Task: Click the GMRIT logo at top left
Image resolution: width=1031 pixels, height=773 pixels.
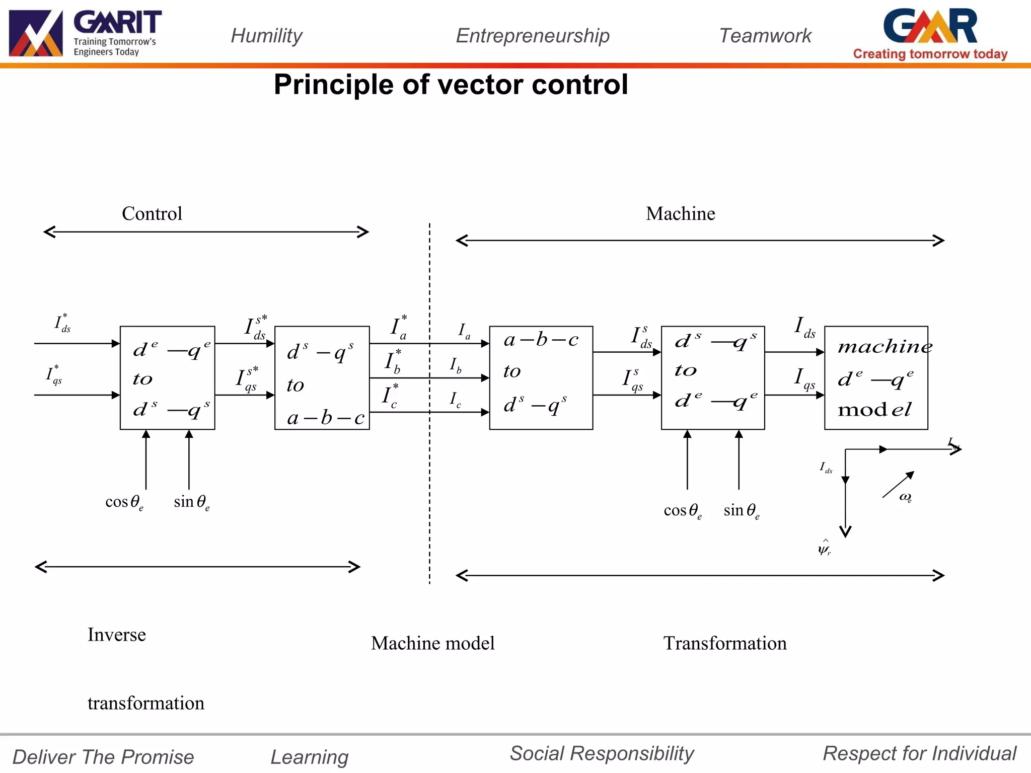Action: point(85,33)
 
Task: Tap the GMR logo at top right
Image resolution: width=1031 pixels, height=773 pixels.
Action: point(930,33)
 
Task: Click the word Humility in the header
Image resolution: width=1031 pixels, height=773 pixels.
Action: point(266,36)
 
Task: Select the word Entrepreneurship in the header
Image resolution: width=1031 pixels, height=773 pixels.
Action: point(532,36)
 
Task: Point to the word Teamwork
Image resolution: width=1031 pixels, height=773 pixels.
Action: point(765,36)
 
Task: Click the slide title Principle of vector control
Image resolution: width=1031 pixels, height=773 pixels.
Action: point(451,84)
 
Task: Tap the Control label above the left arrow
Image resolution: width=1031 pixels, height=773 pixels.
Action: point(152,213)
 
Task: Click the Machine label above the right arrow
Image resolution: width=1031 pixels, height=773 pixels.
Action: point(680,213)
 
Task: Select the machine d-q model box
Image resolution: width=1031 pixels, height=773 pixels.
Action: point(875,377)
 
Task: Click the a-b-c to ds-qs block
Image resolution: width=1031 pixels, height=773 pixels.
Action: point(541,377)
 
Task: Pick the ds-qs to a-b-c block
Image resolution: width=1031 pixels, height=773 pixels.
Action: point(322,377)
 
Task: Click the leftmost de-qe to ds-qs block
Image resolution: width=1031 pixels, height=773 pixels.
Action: point(167,377)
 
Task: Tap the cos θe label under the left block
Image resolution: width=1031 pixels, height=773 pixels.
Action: point(124,502)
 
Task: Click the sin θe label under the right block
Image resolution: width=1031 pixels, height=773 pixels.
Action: point(741,510)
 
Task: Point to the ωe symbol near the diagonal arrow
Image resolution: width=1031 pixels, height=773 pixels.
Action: point(905,497)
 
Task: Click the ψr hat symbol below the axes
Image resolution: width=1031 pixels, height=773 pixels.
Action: point(824,548)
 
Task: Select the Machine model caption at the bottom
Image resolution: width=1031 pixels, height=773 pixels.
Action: point(432,643)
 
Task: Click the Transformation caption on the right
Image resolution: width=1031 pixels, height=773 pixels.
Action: point(724,643)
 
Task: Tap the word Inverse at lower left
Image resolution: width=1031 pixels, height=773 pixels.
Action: point(116,635)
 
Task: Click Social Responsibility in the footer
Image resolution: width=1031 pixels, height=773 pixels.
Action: point(602,753)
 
